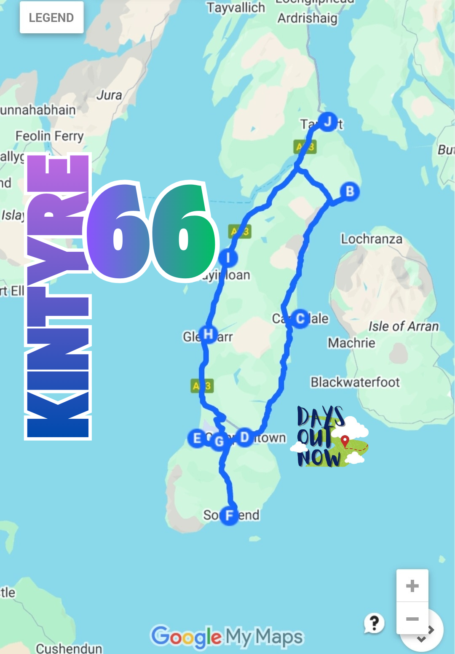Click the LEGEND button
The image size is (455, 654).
51,18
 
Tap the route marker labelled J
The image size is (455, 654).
327,122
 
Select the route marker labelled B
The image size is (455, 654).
350,191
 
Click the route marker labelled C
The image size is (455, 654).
300,318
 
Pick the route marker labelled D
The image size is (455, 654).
244,437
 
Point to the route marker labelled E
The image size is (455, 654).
197,439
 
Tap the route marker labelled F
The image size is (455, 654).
229,515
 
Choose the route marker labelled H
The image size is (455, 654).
208,334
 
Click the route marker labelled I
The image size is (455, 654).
228,258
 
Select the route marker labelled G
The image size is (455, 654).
219,441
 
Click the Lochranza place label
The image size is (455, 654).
372,239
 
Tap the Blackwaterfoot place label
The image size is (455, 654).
355,382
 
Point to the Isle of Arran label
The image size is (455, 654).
404,326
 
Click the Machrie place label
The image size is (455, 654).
351,343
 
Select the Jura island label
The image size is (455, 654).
109,95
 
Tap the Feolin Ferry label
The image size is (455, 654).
50,136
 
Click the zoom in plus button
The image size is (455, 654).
412,586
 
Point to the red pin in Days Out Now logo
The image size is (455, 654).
345,441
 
